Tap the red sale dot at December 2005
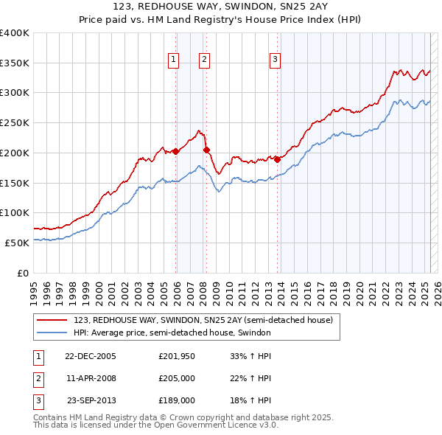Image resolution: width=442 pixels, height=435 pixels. click(x=176, y=152)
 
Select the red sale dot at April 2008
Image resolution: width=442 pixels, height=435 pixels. click(x=206, y=150)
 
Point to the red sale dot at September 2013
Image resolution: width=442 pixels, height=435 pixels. click(x=278, y=159)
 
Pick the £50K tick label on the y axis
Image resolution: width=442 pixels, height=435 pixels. click(x=18, y=243)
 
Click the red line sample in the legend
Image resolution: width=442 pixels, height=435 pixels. click(x=52, y=320)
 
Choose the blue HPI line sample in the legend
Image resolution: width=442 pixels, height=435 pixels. click(x=52, y=333)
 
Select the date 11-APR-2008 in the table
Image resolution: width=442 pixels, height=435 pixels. click(x=91, y=378)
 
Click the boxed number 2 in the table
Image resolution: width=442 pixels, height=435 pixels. click(x=37, y=378)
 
